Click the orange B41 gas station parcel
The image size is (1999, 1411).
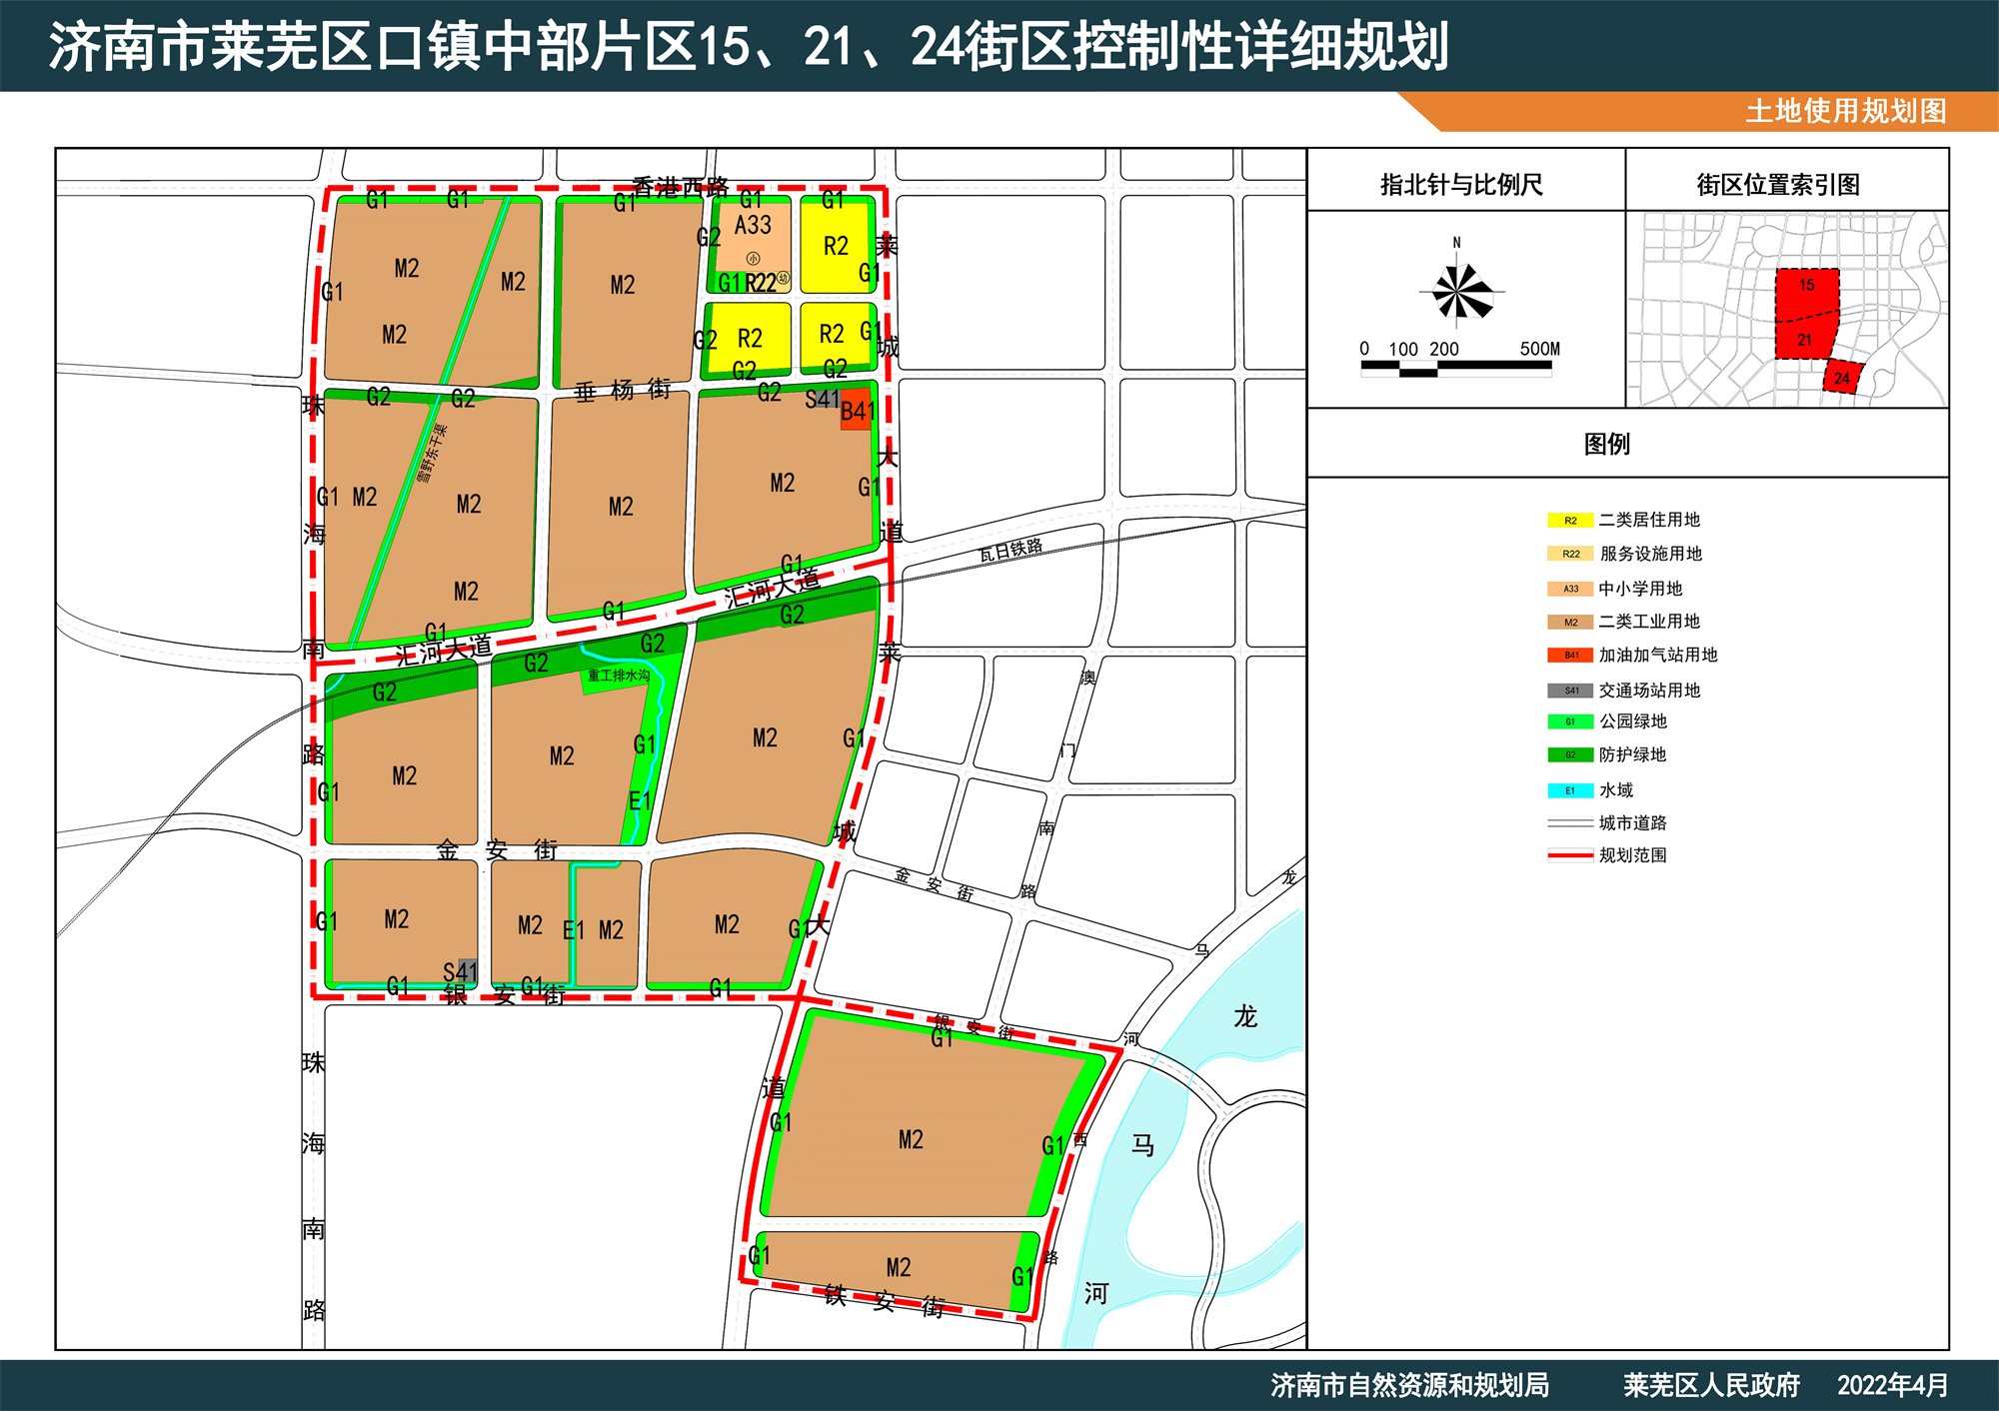(x=857, y=413)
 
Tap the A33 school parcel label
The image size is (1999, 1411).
(x=753, y=226)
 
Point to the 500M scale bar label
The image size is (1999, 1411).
(x=1539, y=349)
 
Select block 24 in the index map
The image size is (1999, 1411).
(x=1842, y=378)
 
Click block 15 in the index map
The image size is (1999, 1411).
(x=1807, y=287)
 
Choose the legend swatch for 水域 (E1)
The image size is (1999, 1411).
(x=1570, y=790)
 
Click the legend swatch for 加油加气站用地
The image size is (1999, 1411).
(x=1570, y=656)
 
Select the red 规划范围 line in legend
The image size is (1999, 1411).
(x=1570, y=855)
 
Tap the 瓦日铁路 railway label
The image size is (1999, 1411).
(x=1010, y=549)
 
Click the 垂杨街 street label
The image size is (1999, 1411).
(x=622, y=391)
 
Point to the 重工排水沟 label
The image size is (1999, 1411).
(x=619, y=677)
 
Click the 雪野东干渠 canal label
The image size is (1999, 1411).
(x=432, y=454)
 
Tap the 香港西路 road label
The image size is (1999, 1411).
(x=680, y=187)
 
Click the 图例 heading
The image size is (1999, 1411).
(x=1606, y=444)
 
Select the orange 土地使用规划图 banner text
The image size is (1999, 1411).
(x=1845, y=111)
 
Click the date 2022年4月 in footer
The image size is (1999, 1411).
(x=1892, y=1385)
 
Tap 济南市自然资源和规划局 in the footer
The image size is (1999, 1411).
(x=1409, y=1385)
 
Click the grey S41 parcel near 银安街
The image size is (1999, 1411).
(x=468, y=970)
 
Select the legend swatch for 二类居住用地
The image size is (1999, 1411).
(x=1570, y=521)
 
